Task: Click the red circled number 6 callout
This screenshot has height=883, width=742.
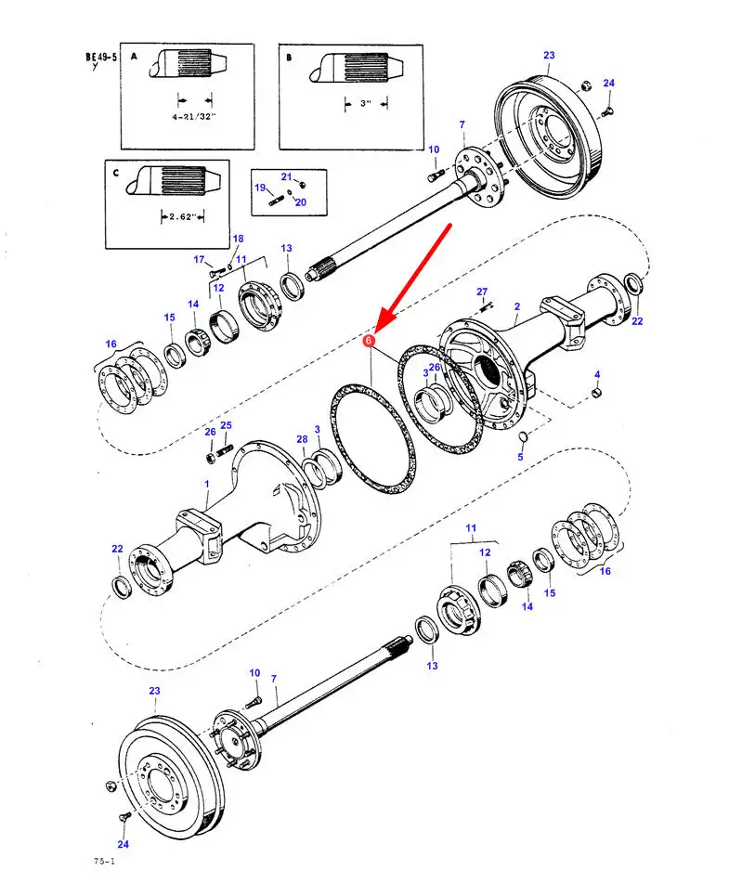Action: [368, 340]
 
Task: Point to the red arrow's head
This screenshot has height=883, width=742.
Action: [376, 330]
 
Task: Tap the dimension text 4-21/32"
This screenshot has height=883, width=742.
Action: [194, 117]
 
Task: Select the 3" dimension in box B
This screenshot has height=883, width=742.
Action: [366, 104]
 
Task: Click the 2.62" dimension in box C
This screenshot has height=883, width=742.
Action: [182, 216]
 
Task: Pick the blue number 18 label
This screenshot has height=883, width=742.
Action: [238, 239]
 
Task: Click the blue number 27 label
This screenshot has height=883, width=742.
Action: [482, 292]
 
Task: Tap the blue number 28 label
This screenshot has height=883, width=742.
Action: [302, 439]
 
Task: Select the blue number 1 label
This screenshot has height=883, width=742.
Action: [207, 484]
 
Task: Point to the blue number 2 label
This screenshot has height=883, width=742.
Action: [517, 307]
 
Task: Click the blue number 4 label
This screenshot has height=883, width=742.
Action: [596, 374]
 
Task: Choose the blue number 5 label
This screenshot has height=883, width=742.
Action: [521, 457]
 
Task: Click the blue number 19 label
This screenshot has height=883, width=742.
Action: [260, 188]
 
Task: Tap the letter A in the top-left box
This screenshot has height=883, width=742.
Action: [134, 57]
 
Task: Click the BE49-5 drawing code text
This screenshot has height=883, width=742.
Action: [101, 57]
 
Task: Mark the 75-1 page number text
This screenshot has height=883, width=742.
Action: [104, 862]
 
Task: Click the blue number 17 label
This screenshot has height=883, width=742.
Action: [199, 260]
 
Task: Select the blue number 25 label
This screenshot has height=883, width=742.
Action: [226, 425]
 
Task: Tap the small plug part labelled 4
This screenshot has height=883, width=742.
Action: [596, 392]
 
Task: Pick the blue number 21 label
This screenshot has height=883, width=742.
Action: [286, 176]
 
